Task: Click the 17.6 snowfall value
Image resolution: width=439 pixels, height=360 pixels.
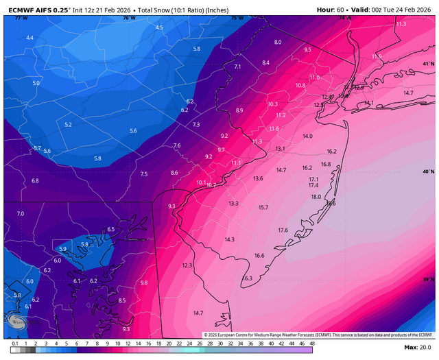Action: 283,230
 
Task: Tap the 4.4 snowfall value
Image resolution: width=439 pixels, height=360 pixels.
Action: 29,38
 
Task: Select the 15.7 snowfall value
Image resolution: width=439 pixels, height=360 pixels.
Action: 263,207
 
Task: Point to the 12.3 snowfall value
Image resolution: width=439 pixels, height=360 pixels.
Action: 187,265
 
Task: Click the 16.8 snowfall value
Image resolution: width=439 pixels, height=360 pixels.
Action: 326,165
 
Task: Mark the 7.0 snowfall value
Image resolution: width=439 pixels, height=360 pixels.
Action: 20,214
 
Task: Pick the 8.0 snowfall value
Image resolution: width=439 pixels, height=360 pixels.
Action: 278,43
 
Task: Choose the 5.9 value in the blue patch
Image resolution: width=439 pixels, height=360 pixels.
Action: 63,249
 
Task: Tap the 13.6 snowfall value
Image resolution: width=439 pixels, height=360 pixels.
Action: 258,178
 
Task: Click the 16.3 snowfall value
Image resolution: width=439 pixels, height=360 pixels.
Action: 248,278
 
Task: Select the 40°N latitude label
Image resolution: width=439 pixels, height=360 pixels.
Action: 427,171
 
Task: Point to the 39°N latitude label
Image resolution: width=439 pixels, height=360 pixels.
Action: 427,279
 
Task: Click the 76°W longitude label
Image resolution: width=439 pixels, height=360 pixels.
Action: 128,18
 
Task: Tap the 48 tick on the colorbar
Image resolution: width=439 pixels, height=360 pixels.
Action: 311,343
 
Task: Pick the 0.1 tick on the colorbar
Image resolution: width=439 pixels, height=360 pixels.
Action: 15,343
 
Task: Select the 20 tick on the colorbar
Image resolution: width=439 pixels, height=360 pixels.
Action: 169,343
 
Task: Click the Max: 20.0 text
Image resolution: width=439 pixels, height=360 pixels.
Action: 418,348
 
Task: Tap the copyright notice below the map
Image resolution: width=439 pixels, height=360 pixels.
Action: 318,334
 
